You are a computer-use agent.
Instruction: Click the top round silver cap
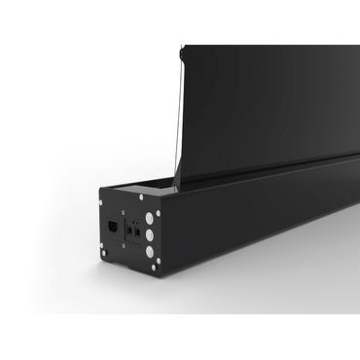pyautogui.click(x=148, y=217)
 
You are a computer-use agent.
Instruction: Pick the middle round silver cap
pyautogui.click(x=149, y=234)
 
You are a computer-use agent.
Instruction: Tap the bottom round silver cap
pyautogui.click(x=150, y=251)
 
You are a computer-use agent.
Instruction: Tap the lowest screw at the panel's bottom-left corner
pyautogui.click(x=105, y=253)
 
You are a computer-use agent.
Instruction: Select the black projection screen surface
pyautogui.click(x=263, y=107)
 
